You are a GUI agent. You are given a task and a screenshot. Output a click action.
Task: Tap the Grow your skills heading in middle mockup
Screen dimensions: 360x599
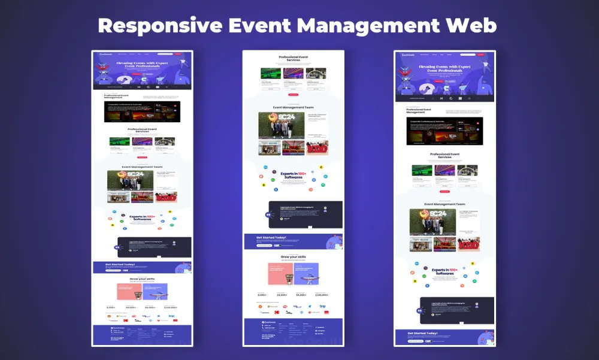click(x=293, y=256)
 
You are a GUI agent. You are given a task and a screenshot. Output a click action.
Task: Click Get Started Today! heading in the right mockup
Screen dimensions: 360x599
click(x=423, y=333)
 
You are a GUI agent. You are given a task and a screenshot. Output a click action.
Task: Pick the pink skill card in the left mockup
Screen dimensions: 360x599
click(x=129, y=291)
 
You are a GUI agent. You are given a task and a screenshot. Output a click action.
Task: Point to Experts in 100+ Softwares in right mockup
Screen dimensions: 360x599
click(x=445, y=271)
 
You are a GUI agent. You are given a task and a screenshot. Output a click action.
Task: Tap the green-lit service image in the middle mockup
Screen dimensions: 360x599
click(x=270, y=73)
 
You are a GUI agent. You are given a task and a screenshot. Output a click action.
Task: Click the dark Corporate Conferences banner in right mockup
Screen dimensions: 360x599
click(x=444, y=131)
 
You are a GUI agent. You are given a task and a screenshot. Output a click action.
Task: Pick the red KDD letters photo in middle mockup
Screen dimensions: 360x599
click(x=317, y=148)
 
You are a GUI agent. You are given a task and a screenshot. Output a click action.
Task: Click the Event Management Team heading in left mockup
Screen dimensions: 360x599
click(x=142, y=167)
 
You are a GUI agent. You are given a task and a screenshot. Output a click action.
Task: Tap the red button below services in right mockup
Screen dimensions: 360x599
click(x=444, y=192)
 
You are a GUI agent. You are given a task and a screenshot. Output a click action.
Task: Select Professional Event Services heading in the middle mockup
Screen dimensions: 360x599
click(x=293, y=59)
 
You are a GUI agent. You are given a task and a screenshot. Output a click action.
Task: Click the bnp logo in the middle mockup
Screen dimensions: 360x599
click(x=323, y=305)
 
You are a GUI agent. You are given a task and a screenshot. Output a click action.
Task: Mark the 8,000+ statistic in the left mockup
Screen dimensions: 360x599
click(x=111, y=307)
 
